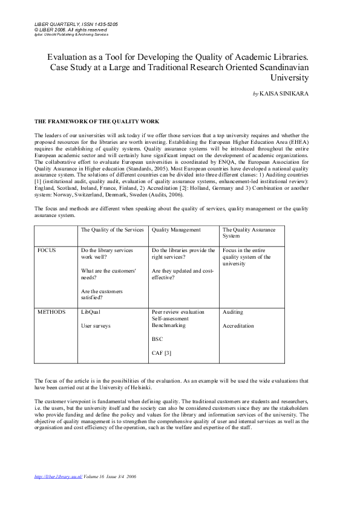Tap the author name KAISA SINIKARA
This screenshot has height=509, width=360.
click(284, 94)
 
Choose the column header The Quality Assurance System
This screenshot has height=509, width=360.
click(249, 233)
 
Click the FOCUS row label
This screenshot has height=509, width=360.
click(46, 250)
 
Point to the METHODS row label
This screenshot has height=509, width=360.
click(51, 312)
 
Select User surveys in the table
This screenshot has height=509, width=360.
click(96, 326)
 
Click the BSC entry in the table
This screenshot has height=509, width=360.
click(157, 340)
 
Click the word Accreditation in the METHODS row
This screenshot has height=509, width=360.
click(238, 326)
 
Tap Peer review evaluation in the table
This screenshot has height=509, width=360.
click(178, 312)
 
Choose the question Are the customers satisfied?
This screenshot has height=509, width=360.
click(102, 294)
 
